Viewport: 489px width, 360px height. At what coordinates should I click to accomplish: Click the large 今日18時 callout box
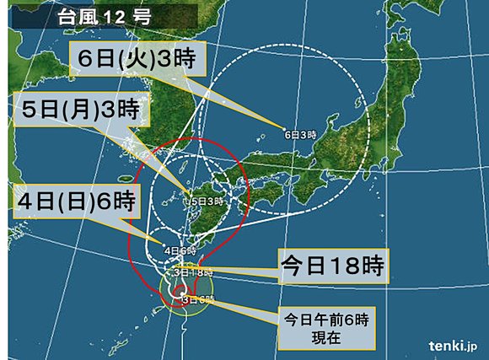point(330,267)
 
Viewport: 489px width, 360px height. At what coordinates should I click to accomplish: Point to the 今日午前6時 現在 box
point(326,328)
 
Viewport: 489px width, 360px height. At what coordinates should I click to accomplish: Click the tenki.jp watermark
point(453,344)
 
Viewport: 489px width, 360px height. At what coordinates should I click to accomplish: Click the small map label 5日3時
point(206,201)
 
